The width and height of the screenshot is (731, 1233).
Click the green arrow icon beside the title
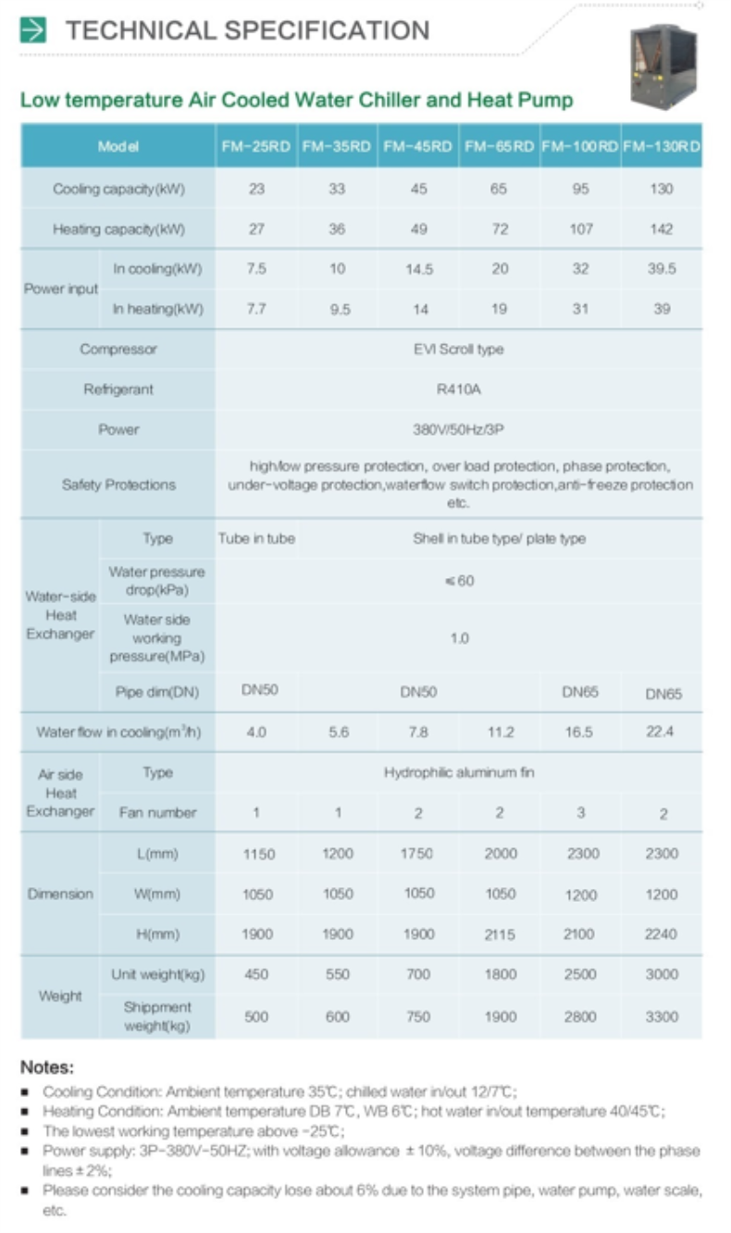33,31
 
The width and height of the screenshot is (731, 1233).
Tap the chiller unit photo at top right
663,64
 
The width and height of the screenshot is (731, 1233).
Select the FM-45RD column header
417,147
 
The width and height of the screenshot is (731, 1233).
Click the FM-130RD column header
662,147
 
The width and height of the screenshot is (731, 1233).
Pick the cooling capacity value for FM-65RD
499,190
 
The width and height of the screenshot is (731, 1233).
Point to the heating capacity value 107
581,229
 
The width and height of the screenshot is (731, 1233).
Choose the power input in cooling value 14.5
418,269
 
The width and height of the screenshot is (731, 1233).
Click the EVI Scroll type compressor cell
458,350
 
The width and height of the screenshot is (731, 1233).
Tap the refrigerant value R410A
458,389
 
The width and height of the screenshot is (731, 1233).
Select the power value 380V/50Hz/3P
458,429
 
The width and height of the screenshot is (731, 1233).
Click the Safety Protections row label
118,485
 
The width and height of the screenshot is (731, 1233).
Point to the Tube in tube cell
256,538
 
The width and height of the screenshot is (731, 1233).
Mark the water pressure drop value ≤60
459,581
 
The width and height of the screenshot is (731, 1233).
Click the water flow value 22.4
662,732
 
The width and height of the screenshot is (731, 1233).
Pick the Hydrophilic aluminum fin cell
459,772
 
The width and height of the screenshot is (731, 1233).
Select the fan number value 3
581,813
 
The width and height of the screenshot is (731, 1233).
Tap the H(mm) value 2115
499,934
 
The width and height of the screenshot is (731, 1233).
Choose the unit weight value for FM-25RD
256,974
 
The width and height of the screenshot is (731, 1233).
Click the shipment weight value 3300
662,1017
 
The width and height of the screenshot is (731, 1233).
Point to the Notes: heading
47,1067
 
